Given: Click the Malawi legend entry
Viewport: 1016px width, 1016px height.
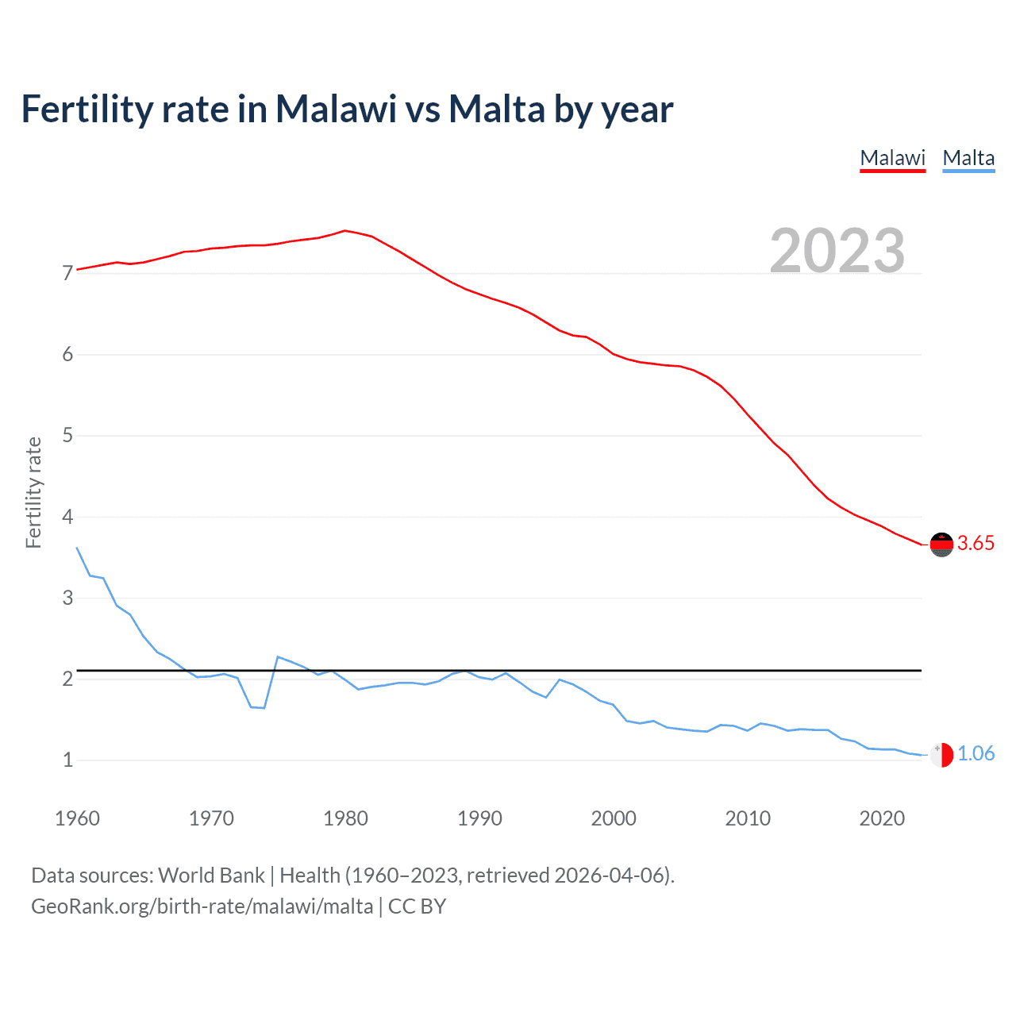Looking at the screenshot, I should pos(892,158).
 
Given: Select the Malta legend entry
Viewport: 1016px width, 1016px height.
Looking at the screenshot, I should pos(968,158).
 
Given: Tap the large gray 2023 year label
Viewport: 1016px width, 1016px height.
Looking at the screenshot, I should pos(837,251).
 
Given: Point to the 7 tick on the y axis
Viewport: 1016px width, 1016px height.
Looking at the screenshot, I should pos(67,274).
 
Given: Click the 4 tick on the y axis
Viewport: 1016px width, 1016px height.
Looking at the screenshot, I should pos(67,517).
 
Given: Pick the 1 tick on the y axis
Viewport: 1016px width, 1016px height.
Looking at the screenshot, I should pos(67,760).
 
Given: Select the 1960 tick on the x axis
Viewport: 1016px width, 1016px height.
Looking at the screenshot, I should pos(77,818).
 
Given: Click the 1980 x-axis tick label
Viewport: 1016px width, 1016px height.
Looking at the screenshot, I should pos(345,818).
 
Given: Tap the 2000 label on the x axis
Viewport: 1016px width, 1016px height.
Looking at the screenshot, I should pos(614,818).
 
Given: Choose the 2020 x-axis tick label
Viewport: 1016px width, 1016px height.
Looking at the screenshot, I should pos(882,818).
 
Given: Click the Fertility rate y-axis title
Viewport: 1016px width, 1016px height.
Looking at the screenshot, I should pos(33,492).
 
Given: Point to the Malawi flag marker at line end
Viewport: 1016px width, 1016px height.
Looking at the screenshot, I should pos(941,545).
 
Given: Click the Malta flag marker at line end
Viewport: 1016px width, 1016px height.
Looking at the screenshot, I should pos(941,755).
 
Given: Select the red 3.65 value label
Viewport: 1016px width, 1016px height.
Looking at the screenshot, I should pos(976,544).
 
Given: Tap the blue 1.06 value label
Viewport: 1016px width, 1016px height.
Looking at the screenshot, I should pos(976,754).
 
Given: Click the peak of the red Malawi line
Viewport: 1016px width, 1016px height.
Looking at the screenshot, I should pos(344,231).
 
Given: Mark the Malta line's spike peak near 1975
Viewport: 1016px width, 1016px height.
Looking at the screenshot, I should pos(278,656).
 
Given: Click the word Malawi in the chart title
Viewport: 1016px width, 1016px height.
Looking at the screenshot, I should pos(336,109).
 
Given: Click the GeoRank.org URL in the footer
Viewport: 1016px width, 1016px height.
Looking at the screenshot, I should pos(202,906).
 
